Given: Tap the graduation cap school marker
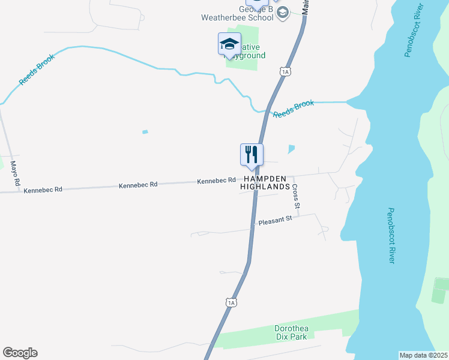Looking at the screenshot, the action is (229, 44).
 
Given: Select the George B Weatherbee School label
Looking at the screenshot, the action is (248, 14).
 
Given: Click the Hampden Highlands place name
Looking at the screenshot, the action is (265, 183).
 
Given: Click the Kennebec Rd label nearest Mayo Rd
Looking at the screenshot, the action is (42, 190).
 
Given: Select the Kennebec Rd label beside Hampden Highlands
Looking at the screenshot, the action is (217, 181).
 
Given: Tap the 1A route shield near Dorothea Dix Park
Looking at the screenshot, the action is (232, 302).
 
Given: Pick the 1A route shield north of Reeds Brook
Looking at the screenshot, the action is (285, 72).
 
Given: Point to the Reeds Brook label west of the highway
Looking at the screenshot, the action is (37, 70).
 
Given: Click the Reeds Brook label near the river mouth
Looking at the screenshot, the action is (294, 109).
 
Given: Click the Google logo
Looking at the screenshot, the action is (20, 353).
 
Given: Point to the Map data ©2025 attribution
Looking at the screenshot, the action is (423, 355).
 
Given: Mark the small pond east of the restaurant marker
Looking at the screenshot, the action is (292, 149).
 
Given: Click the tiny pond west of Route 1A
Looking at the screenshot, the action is (145, 132).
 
